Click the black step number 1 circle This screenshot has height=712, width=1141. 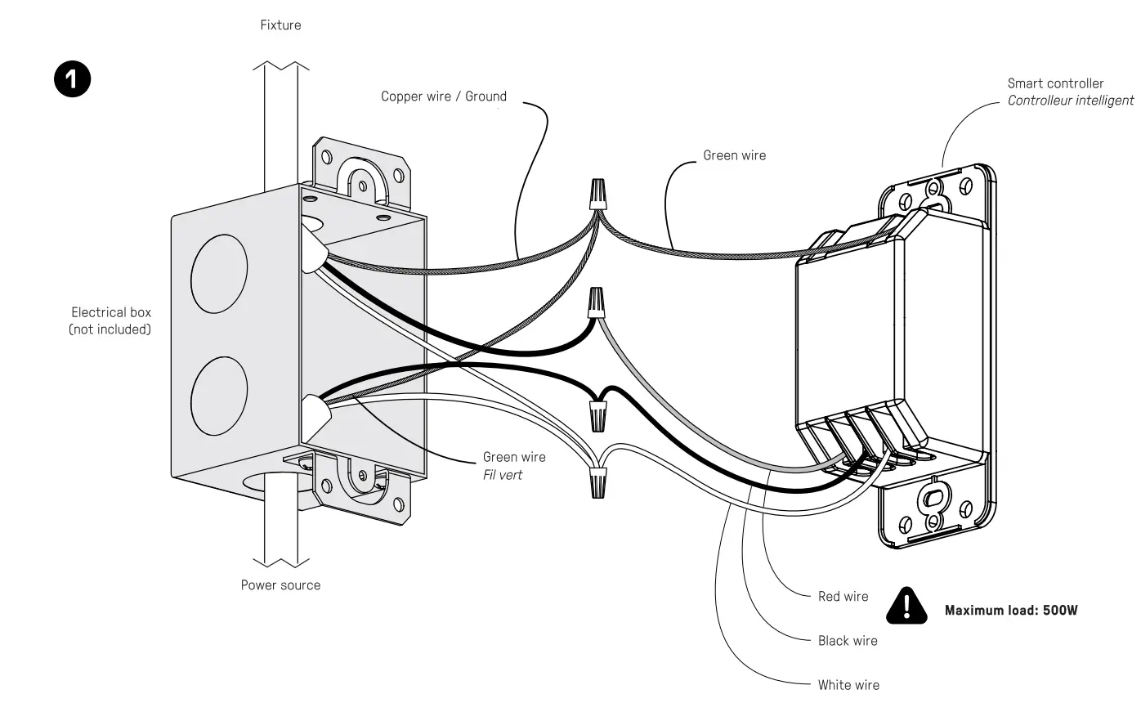click(x=72, y=80)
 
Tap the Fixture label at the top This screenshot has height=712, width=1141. click(x=280, y=25)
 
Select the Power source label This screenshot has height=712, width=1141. click(x=280, y=585)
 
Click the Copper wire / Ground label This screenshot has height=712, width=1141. click(x=443, y=96)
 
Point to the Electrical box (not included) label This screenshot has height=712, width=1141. click(x=110, y=320)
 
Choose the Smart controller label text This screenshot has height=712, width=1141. click(x=1055, y=83)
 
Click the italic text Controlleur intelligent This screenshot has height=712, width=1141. click(x=1070, y=101)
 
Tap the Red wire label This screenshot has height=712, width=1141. click(x=843, y=597)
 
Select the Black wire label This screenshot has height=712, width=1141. click(x=848, y=641)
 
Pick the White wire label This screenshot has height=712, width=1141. click(x=848, y=685)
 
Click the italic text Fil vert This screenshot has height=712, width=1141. click(x=502, y=475)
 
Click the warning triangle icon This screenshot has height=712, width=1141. click(x=906, y=607)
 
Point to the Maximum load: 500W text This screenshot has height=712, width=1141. click(x=1011, y=611)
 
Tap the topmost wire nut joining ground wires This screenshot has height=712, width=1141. click(x=598, y=195)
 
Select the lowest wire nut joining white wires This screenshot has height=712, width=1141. click(x=598, y=483)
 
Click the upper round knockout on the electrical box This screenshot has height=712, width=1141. click(x=219, y=275)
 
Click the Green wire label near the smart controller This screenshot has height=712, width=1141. click(x=734, y=155)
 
